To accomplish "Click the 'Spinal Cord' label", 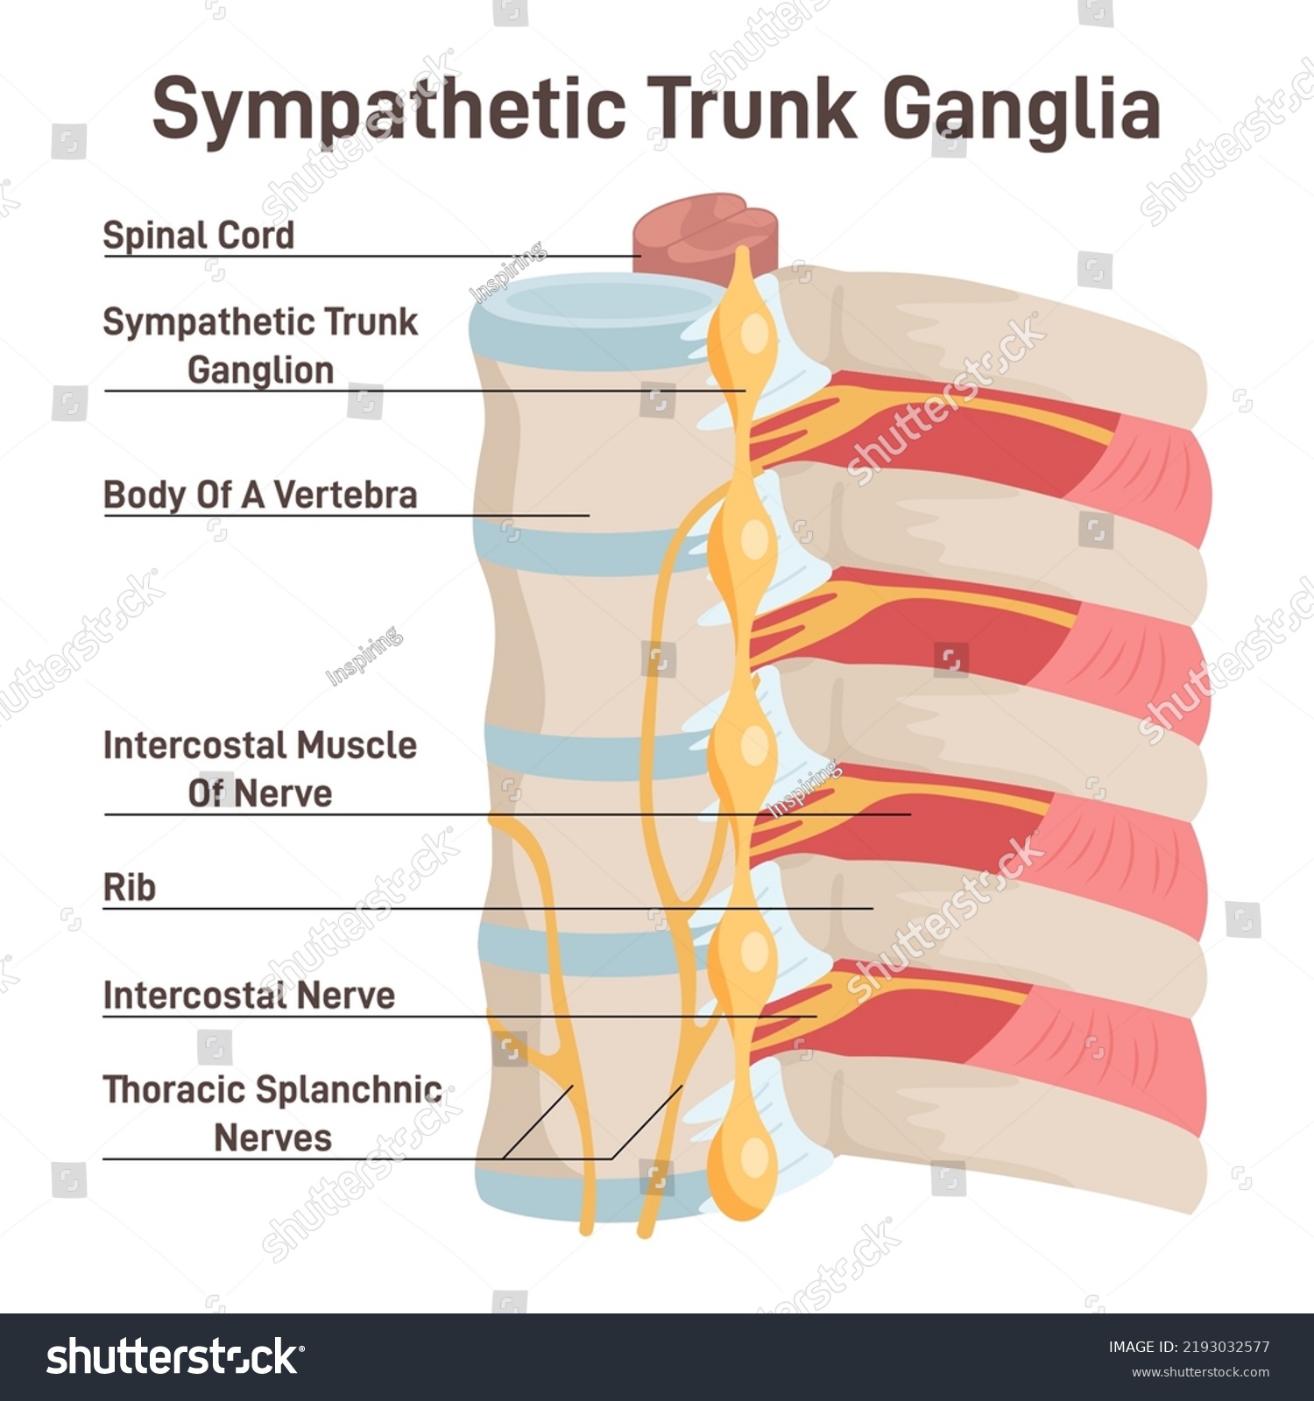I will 198,236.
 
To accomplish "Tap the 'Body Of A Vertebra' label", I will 260,495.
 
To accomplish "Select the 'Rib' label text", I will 130,887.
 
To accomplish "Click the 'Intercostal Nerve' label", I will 249,996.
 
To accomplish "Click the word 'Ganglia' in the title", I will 1021,109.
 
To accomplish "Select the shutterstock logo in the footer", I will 174,1357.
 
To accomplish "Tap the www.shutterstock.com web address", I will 1200,1372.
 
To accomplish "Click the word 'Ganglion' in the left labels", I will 260,370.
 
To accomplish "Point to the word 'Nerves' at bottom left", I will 272,1138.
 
